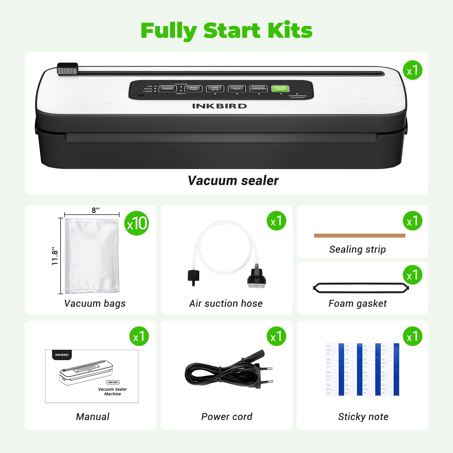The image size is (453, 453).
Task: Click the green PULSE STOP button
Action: point(280,89)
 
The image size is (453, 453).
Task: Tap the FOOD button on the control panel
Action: point(167,89)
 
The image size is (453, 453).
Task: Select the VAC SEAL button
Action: point(215,89)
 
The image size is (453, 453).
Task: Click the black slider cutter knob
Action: point(67,69)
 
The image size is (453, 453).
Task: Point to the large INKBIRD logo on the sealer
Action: point(219,106)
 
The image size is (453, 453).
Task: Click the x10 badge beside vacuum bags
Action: point(137,223)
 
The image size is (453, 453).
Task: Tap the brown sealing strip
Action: point(360,236)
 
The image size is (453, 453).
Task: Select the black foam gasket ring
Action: point(361,288)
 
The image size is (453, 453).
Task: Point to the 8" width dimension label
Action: point(95,210)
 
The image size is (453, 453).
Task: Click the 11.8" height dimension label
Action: point(55,256)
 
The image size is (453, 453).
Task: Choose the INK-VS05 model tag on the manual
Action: point(113,382)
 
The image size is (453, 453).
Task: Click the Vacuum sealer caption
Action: point(233,181)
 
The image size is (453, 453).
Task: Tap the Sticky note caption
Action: point(363,416)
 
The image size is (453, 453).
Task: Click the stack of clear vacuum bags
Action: point(92,256)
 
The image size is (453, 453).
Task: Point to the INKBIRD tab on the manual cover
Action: point(62,355)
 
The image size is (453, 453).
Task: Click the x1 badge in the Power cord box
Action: point(276,336)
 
